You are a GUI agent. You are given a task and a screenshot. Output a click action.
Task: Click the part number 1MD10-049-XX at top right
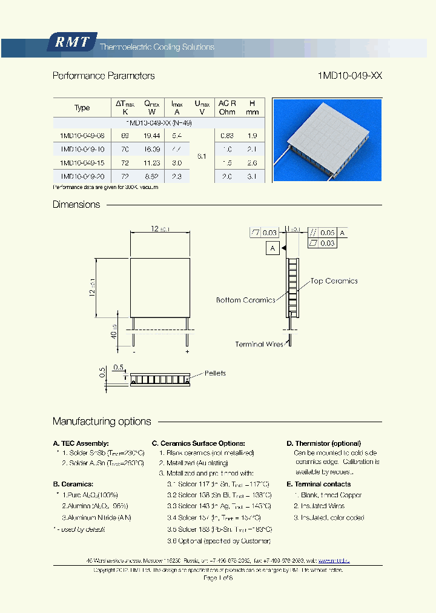[350, 76]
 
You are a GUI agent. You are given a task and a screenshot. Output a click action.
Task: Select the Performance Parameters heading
[104, 76]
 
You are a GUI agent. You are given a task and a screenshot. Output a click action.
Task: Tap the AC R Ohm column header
[227, 107]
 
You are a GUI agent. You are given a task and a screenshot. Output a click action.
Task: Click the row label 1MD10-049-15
[82, 162]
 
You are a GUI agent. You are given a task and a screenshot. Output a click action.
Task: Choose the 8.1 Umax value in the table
[202, 156]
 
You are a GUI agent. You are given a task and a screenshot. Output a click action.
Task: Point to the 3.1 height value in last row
[253, 176]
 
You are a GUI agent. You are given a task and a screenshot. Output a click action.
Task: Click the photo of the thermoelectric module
[327, 140]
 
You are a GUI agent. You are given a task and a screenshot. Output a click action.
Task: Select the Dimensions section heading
[76, 205]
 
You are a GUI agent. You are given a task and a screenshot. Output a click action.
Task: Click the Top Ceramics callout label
[334, 281]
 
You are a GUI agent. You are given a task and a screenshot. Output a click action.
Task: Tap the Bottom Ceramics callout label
[245, 300]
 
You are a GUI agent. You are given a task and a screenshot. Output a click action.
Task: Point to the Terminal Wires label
[259, 344]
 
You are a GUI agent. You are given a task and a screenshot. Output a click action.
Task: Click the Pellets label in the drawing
[215, 373]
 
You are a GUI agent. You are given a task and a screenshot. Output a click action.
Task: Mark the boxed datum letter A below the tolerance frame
[272, 248]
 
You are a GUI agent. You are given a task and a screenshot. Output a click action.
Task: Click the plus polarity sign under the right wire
[187, 351]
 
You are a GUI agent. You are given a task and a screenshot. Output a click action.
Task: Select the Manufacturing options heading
[102, 422]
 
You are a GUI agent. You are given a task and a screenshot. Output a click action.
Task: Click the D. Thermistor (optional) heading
[323, 443]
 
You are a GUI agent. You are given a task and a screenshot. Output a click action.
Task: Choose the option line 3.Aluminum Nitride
[96, 517]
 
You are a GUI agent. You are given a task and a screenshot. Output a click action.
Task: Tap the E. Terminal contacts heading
[319, 484]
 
